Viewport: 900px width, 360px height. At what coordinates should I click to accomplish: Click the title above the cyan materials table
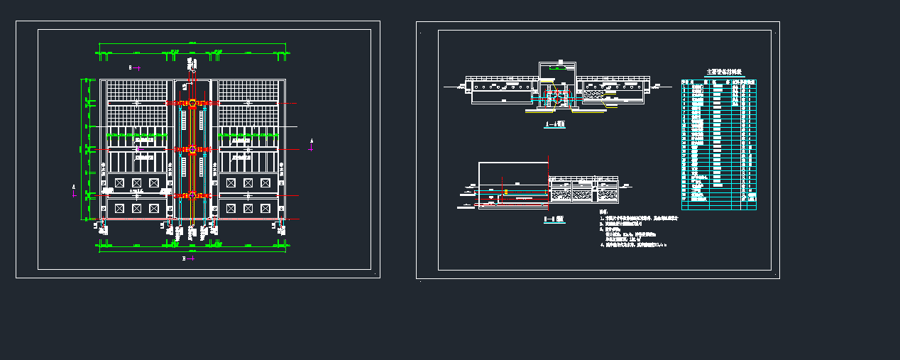[719, 72]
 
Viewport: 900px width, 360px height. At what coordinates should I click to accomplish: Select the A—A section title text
[554, 124]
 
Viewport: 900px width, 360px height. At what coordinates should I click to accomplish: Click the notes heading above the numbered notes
[603, 212]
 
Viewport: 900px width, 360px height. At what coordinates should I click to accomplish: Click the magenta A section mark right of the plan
[311, 145]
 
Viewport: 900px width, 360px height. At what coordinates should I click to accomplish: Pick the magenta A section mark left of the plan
[74, 188]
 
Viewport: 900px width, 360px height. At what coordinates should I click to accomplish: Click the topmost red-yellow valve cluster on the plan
[192, 103]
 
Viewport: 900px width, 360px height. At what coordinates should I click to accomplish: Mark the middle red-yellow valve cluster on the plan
[192, 149]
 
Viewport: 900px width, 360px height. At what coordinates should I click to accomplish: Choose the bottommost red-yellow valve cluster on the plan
[192, 195]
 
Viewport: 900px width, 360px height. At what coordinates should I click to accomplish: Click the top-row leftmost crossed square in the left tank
[119, 183]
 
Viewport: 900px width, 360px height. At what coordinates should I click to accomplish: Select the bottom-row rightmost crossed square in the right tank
[265, 208]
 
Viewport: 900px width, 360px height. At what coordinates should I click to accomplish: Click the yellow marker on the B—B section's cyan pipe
[506, 192]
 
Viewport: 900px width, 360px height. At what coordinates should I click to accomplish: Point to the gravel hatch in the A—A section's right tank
[594, 92]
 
